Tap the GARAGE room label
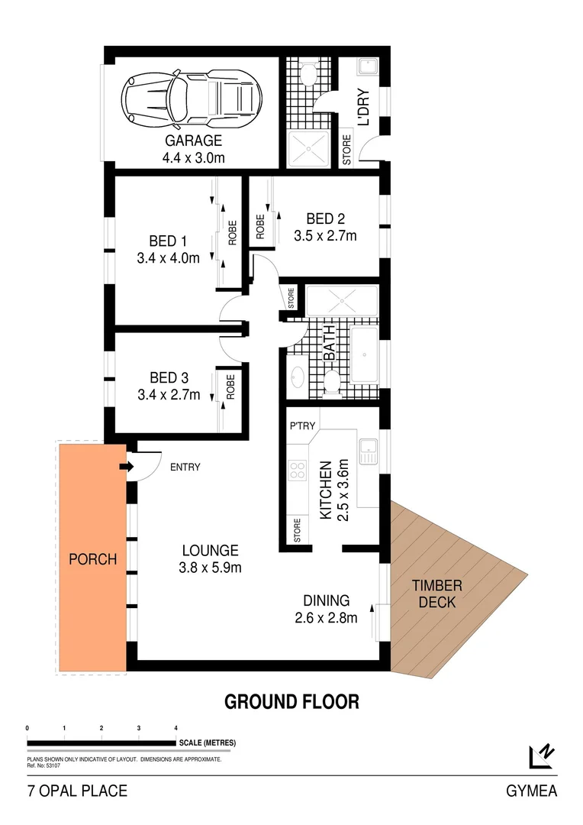point(193,141)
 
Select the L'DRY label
point(363,108)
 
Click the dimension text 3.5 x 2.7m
point(325,236)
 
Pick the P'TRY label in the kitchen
point(302,425)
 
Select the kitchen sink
point(369,452)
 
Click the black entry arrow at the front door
point(126,467)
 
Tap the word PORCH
point(92,559)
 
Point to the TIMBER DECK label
point(437,594)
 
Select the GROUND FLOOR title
point(291,701)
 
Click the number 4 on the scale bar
point(176,728)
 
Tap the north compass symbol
point(541,755)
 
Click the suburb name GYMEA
point(531,791)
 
